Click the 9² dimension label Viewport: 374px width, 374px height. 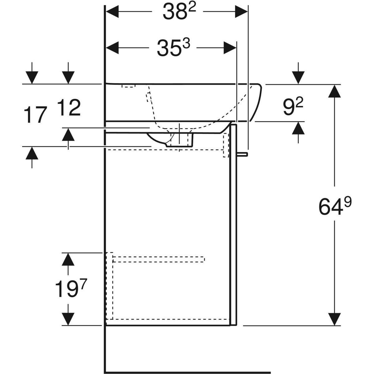pyautogui.click(x=293, y=107)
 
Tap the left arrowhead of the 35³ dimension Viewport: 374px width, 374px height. pyautogui.click(x=113, y=48)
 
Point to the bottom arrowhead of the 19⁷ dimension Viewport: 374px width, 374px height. pyautogui.click(x=68, y=319)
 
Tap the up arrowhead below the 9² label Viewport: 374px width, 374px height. pyautogui.click(x=298, y=128)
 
